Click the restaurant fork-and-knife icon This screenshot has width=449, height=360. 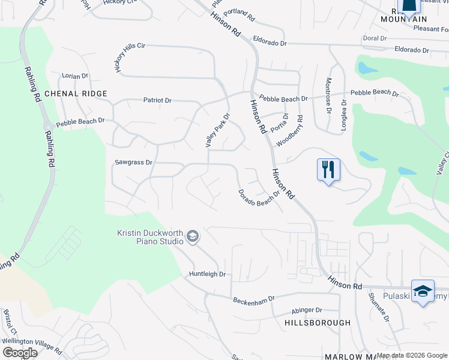[x=328, y=169]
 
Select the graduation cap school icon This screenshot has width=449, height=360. [x=423, y=290]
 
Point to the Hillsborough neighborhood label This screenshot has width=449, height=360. [x=318, y=323]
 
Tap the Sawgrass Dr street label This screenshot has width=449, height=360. [x=134, y=163]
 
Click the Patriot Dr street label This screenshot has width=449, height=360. [x=157, y=100]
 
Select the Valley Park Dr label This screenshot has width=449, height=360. [x=218, y=131]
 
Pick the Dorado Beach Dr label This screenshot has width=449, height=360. [x=259, y=199]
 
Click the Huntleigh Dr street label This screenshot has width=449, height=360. [x=207, y=274]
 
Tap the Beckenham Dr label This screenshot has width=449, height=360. [x=254, y=298]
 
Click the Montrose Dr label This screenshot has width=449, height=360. [x=328, y=95]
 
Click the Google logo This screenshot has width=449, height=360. [x=20, y=353]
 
